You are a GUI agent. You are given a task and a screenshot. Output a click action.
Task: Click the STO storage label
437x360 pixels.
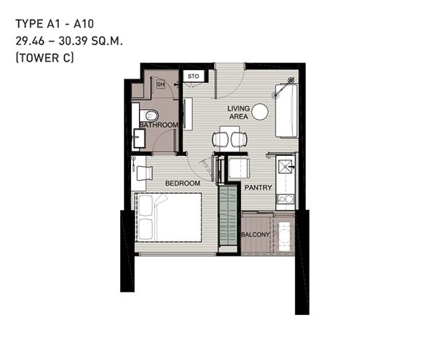click(193, 77)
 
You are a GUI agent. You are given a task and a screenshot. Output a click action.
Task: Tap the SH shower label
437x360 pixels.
click(160, 85)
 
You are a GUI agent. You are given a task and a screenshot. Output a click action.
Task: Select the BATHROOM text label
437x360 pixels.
click(159, 125)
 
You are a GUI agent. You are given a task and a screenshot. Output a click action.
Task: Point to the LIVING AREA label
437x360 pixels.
click(239, 112)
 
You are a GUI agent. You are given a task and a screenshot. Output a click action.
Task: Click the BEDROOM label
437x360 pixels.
click(183, 183)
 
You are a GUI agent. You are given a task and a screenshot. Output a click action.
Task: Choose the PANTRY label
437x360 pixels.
click(258, 187)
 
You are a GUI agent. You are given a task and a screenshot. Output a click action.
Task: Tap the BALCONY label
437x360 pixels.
click(256, 235)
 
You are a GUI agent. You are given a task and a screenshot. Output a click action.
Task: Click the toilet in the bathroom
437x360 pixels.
click(149, 115)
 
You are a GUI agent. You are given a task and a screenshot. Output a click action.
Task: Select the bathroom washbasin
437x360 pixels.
click(139, 138)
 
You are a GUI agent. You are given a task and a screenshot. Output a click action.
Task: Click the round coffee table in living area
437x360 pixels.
click(260, 111)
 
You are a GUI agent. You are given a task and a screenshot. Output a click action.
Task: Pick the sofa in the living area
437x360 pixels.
click(287, 111)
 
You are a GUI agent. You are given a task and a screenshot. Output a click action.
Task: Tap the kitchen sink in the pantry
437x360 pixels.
click(285, 167)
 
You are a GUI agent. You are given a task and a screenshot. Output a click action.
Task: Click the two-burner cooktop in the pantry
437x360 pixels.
click(285, 199)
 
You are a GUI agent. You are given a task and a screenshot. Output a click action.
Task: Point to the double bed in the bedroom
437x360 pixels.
click(168, 217)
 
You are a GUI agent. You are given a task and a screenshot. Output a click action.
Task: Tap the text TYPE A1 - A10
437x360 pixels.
click(55, 24)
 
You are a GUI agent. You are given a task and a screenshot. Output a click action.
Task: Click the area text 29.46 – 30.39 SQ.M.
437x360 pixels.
click(69, 42)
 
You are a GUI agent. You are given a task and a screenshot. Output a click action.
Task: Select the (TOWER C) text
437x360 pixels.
click(45, 58)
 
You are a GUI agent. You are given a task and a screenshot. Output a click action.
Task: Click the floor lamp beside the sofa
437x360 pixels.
click(291, 81)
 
